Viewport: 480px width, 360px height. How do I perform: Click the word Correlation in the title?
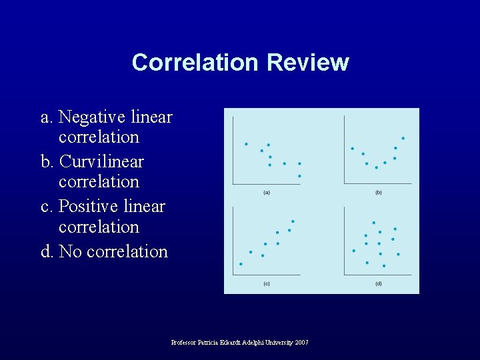pos(195,62)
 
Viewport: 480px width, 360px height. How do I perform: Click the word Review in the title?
pos(307,62)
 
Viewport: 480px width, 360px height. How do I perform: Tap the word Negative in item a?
pos(92,117)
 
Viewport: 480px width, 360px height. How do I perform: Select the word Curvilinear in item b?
pos(101,162)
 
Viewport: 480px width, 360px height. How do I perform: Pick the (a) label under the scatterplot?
pos(267,192)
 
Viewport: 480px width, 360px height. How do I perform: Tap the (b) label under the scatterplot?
pos(379,192)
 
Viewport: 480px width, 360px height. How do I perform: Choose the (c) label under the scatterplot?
pos(267,283)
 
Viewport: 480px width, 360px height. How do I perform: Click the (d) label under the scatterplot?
pos(379,283)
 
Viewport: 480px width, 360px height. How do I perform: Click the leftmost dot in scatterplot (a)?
pos(246,143)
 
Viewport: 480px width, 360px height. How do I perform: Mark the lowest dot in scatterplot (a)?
pos(299,176)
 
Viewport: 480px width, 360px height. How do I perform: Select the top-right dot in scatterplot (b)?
pos(403,138)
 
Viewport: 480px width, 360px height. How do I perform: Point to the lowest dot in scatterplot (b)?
pos(376,167)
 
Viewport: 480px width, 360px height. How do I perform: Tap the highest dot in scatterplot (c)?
pos(293,221)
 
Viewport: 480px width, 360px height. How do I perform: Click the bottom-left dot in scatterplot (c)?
pos(241,264)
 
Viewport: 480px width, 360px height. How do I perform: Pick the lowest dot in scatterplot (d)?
pos(383,266)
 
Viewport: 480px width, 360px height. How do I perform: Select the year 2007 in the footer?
pos(301,343)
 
